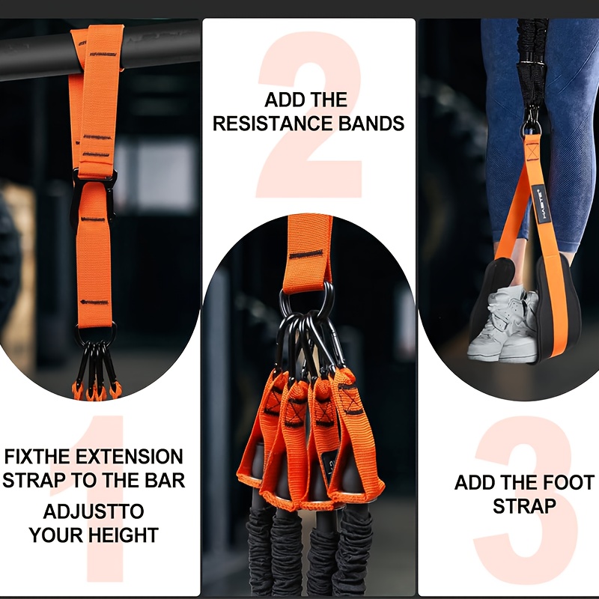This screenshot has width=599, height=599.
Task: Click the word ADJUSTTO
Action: coord(94,513)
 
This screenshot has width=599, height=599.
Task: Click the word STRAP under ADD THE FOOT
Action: coord(524,506)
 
